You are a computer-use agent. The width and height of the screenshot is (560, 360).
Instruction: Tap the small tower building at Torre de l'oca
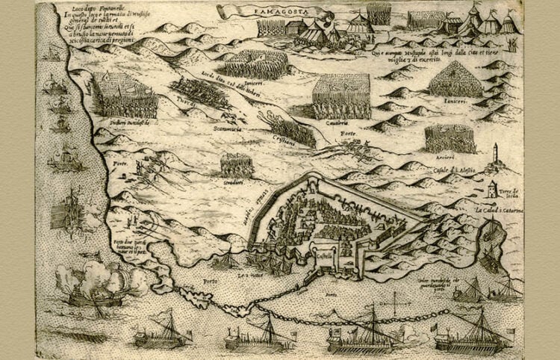(491, 189)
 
